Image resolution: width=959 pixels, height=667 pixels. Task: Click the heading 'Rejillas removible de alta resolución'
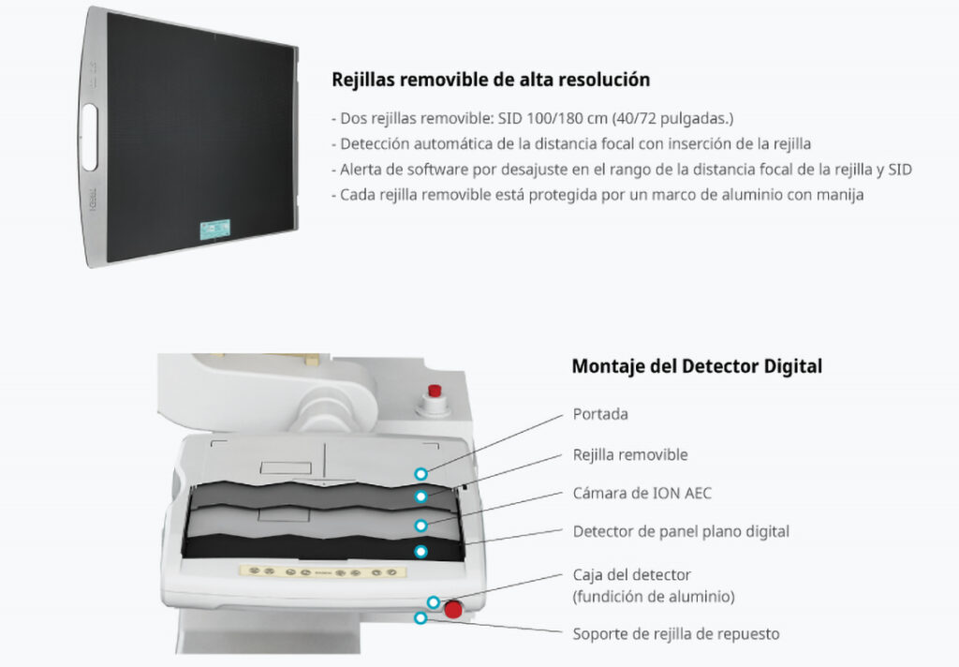pos(491,80)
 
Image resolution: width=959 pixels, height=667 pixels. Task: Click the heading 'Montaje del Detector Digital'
pos(697,366)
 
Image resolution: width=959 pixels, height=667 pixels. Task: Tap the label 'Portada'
pos(600,414)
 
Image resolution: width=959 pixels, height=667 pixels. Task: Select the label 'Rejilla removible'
pos(630,454)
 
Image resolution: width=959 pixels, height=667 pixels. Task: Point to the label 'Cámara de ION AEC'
pos(642,493)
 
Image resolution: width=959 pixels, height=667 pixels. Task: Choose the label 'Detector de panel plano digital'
pos(682,531)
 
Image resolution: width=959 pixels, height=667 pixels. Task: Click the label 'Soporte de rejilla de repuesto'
pos(676,634)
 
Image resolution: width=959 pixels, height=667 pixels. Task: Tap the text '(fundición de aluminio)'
pos(654,596)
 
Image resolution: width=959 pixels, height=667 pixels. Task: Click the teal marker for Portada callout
pos(420,474)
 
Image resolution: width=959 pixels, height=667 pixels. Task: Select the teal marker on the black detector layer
pos(420,552)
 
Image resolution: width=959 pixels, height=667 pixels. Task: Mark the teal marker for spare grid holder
pos(420,618)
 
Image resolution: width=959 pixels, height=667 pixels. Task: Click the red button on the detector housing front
pos(453,609)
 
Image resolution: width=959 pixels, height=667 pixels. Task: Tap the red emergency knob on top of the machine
pos(435,391)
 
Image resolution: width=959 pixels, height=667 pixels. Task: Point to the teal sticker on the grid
pos(215,230)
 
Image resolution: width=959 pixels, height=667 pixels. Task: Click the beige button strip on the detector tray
pos(323,572)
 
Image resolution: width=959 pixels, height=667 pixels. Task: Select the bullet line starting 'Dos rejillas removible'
pos(532,118)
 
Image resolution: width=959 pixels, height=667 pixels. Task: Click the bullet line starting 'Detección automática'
pos(571,144)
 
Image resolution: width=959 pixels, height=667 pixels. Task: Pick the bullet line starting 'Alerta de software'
pos(622,170)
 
